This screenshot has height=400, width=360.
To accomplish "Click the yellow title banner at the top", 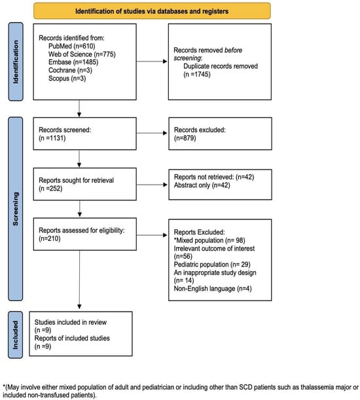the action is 152,11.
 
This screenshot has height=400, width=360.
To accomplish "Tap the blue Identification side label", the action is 16,62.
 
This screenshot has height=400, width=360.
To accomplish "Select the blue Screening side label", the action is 16,209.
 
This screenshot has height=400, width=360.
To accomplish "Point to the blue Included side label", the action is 16,335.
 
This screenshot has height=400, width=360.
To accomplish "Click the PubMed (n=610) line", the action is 72,46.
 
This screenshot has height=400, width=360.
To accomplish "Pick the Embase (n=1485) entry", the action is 73,62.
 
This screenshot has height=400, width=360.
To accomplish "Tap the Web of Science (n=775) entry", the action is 82,54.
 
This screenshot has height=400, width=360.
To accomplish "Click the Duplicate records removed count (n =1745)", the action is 197,75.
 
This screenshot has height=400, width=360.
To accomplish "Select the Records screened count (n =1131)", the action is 52,138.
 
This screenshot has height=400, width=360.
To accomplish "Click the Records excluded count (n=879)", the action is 185,138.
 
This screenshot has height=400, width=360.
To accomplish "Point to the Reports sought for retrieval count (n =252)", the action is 50,189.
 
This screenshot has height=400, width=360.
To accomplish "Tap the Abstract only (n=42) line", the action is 202,185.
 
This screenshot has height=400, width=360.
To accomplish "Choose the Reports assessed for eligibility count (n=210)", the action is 50,239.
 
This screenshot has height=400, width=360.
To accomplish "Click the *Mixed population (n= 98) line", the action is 209,240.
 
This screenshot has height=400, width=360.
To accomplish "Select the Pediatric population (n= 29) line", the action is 212,264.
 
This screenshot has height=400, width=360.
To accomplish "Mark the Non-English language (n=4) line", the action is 213,289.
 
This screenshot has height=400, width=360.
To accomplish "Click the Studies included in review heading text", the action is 71,322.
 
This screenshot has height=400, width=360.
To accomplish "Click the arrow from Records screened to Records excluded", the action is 152,133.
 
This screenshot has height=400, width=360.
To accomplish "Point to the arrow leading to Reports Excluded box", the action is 152,235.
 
